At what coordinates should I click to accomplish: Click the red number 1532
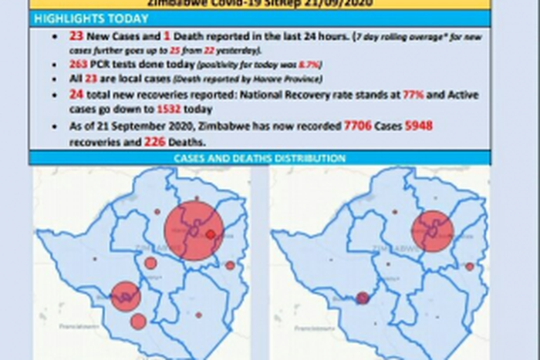168,109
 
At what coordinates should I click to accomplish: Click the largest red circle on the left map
194,230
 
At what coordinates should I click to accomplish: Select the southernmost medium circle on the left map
138,321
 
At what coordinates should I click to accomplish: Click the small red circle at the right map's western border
362,298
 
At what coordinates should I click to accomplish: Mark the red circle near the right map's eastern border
469,267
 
